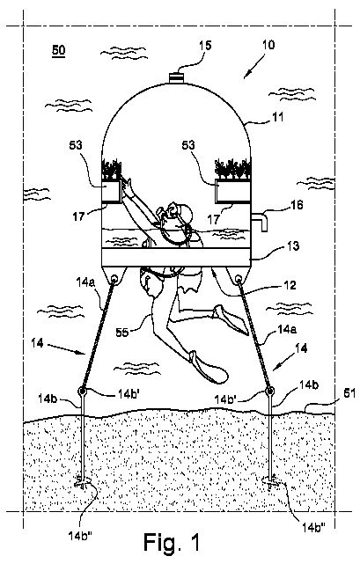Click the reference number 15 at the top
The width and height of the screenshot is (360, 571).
(205, 46)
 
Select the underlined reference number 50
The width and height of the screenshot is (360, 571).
(58, 50)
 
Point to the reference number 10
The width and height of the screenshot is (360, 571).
(268, 45)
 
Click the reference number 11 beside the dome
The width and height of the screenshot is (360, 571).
(277, 117)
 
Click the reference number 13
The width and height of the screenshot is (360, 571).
(293, 246)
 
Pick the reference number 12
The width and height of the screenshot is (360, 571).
(290, 285)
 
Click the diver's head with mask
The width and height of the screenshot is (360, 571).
(181, 214)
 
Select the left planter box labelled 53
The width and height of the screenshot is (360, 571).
(111, 192)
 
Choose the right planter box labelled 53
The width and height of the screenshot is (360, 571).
(232, 191)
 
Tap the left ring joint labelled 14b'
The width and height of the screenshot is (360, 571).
(82, 392)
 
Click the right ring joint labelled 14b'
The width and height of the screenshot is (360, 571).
(269, 392)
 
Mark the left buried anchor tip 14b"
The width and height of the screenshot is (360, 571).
(83, 484)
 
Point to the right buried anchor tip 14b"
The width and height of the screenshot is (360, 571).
(271, 483)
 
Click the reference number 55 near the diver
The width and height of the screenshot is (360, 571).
(123, 332)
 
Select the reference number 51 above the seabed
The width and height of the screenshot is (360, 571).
(349, 393)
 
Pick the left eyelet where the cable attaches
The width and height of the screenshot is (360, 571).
(114, 280)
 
